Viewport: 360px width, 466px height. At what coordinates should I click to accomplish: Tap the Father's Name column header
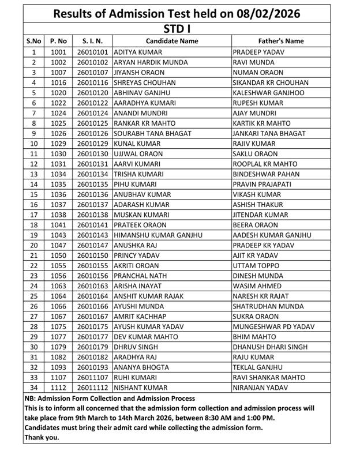(280, 42)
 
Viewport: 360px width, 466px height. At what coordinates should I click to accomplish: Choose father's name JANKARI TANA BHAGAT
(269, 133)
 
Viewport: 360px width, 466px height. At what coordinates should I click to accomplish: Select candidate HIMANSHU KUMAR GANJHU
(158, 235)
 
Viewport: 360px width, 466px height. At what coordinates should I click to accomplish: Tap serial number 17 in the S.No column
(33, 215)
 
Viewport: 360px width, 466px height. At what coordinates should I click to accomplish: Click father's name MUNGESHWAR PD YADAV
(273, 326)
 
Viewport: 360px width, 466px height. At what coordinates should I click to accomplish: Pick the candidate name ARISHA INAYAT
(138, 286)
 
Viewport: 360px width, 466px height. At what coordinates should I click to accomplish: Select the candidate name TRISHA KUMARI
(137, 174)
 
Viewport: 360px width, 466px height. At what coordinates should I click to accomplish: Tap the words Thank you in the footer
(42, 437)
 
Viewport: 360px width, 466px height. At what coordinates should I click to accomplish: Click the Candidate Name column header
(172, 42)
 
